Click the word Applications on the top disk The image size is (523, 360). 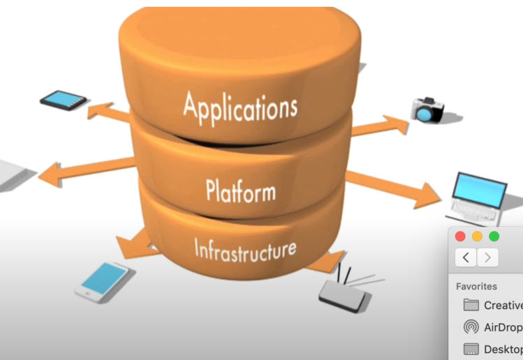tap(240, 108)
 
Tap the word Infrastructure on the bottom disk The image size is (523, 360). tap(244, 248)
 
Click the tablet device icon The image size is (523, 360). tap(63, 99)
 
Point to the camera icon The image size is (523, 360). tap(427, 110)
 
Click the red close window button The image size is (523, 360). tap(460, 237)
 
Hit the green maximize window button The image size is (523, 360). tap(494, 237)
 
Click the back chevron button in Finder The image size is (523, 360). tap(466, 257)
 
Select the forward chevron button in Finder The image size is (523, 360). tap(488, 257)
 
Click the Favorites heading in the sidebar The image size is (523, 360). tap(476, 286)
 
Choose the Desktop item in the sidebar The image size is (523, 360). tap(501, 349)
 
